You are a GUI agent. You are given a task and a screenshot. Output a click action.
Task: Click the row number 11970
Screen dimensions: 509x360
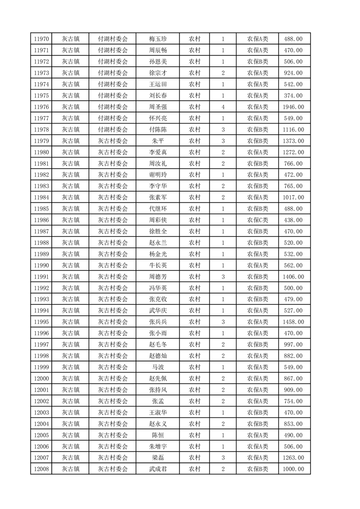tap(41, 39)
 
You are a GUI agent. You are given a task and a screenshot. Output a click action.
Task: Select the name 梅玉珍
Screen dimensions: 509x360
tap(158, 39)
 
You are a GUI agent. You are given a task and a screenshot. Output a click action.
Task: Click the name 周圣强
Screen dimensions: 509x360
tap(158, 107)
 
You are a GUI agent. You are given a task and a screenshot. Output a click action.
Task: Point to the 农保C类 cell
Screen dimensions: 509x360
tap(257, 220)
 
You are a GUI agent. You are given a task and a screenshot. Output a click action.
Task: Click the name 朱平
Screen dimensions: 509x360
tap(158, 141)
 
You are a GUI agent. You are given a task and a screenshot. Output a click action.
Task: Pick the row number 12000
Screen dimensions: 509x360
tap(41, 378)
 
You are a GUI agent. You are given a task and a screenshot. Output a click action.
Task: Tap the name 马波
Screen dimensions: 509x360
tap(158, 367)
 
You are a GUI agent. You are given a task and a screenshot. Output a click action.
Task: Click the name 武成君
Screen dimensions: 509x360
tap(158, 469)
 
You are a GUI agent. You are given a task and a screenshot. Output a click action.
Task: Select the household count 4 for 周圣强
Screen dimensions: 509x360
tap(223, 107)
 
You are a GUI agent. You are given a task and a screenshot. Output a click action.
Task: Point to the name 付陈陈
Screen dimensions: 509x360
tap(158, 130)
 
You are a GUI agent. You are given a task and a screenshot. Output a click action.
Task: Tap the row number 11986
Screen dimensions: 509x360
tap(41, 220)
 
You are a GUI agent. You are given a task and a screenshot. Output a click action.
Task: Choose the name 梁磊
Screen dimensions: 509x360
tap(158, 458)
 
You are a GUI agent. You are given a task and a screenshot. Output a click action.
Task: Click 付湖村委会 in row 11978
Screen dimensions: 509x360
tap(113, 130)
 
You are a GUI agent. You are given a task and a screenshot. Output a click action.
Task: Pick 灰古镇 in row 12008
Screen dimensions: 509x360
tap(71, 469)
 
